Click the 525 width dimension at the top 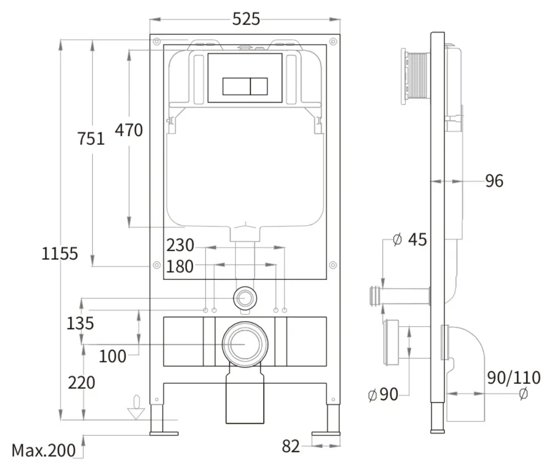pos(246,19)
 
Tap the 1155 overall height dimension pos(59,253)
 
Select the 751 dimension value pos(91,139)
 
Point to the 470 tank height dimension pos(129,130)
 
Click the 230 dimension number pos(180,245)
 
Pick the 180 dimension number pos(180,267)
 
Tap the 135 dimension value pos(80,323)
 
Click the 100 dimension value pos(113,356)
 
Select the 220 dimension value pos(81,383)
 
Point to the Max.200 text pos(44,451)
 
